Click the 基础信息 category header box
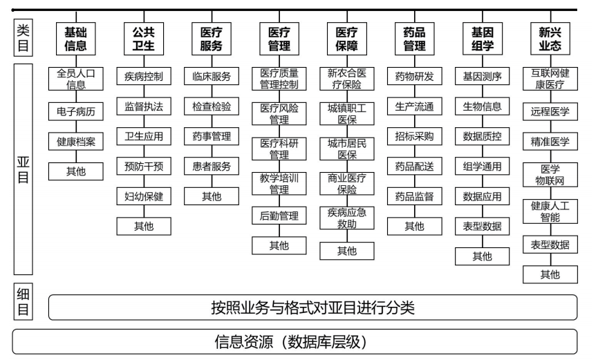point(76,38)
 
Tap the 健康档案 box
point(76,142)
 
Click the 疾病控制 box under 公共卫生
point(144,77)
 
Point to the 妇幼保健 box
point(144,196)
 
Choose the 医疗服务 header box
point(212,38)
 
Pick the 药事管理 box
point(212,136)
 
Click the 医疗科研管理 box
point(279,147)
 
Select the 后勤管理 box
point(279,216)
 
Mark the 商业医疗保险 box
point(346,182)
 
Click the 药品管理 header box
point(414,38)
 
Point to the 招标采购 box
point(414,136)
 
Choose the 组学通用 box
point(482,166)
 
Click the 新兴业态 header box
point(550,38)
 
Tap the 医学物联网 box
point(550,176)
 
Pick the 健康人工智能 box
point(550,211)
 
